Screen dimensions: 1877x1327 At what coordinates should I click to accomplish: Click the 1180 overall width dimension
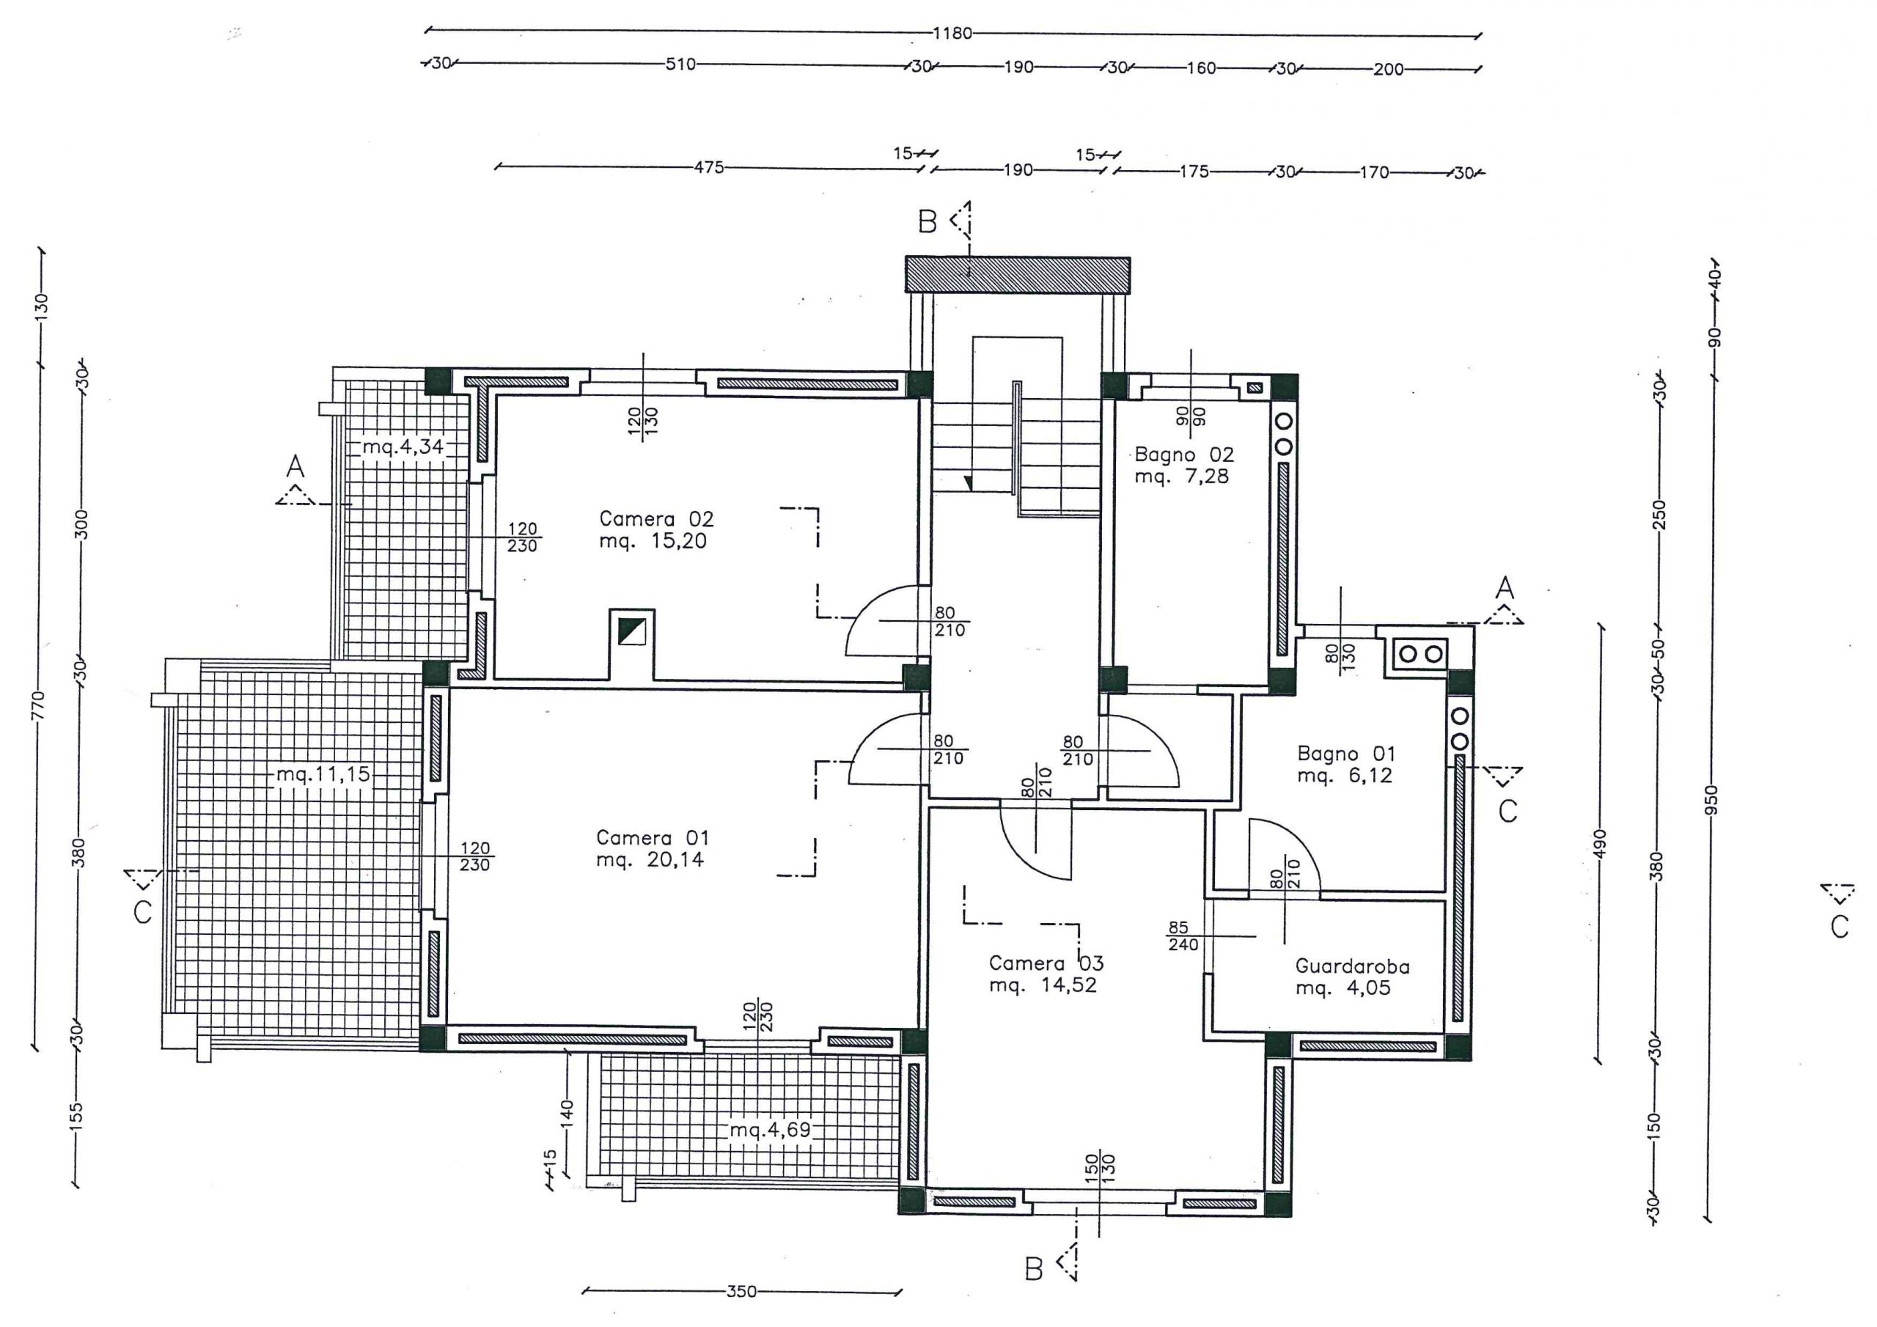point(952,34)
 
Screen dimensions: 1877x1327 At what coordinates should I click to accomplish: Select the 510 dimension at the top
point(680,65)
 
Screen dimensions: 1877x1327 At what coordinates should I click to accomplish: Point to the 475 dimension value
point(709,168)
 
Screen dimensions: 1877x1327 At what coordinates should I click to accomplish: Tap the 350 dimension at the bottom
point(741,1292)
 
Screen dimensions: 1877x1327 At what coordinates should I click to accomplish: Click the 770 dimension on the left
point(38,705)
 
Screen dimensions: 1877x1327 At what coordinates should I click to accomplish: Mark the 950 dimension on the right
point(1712,800)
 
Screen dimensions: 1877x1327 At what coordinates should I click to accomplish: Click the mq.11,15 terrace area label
point(324,773)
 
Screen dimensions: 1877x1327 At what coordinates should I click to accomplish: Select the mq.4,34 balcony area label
point(403,446)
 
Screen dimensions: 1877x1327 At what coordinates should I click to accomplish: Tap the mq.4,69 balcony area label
point(770,1130)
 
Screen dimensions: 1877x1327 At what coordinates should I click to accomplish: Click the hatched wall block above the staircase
point(1018,275)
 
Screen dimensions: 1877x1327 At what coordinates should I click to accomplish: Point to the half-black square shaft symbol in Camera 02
point(632,631)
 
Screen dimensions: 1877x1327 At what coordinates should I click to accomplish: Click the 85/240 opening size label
point(1183,936)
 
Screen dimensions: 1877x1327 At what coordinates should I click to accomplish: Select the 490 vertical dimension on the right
point(1600,844)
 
